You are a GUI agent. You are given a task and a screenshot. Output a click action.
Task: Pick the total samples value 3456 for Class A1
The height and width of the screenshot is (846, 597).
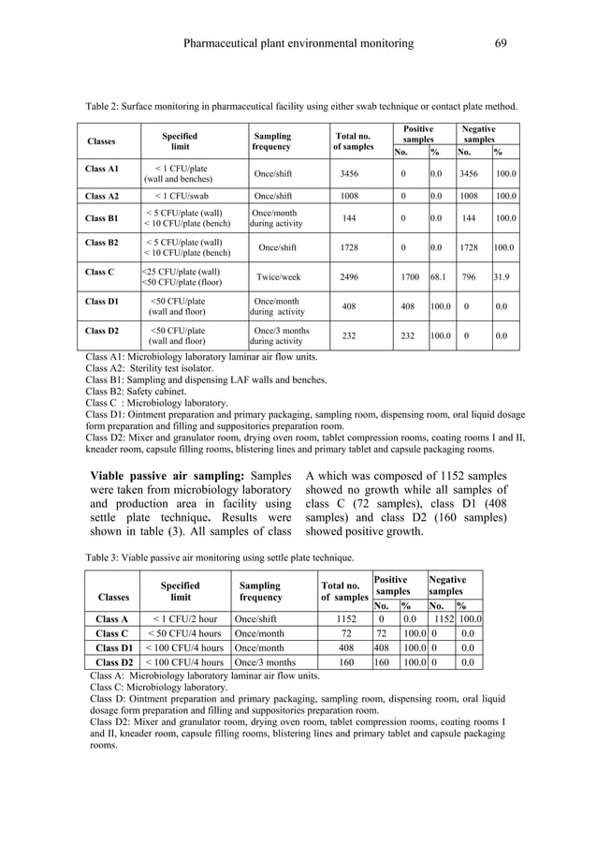pyautogui.click(x=349, y=174)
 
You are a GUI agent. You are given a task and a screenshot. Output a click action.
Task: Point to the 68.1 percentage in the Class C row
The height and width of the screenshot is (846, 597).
pyautogui.click(x=437, y=277)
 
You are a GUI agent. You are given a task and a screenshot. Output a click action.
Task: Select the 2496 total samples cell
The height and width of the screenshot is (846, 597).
pyautogui.click(x=349, y=277)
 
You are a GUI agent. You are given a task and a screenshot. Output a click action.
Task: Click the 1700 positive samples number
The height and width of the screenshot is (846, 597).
pyautogui.click(x=409, y=277)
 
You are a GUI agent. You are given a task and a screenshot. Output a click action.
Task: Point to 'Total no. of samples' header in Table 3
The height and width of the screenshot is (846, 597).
pyautogui.click(x=343, y=592)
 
